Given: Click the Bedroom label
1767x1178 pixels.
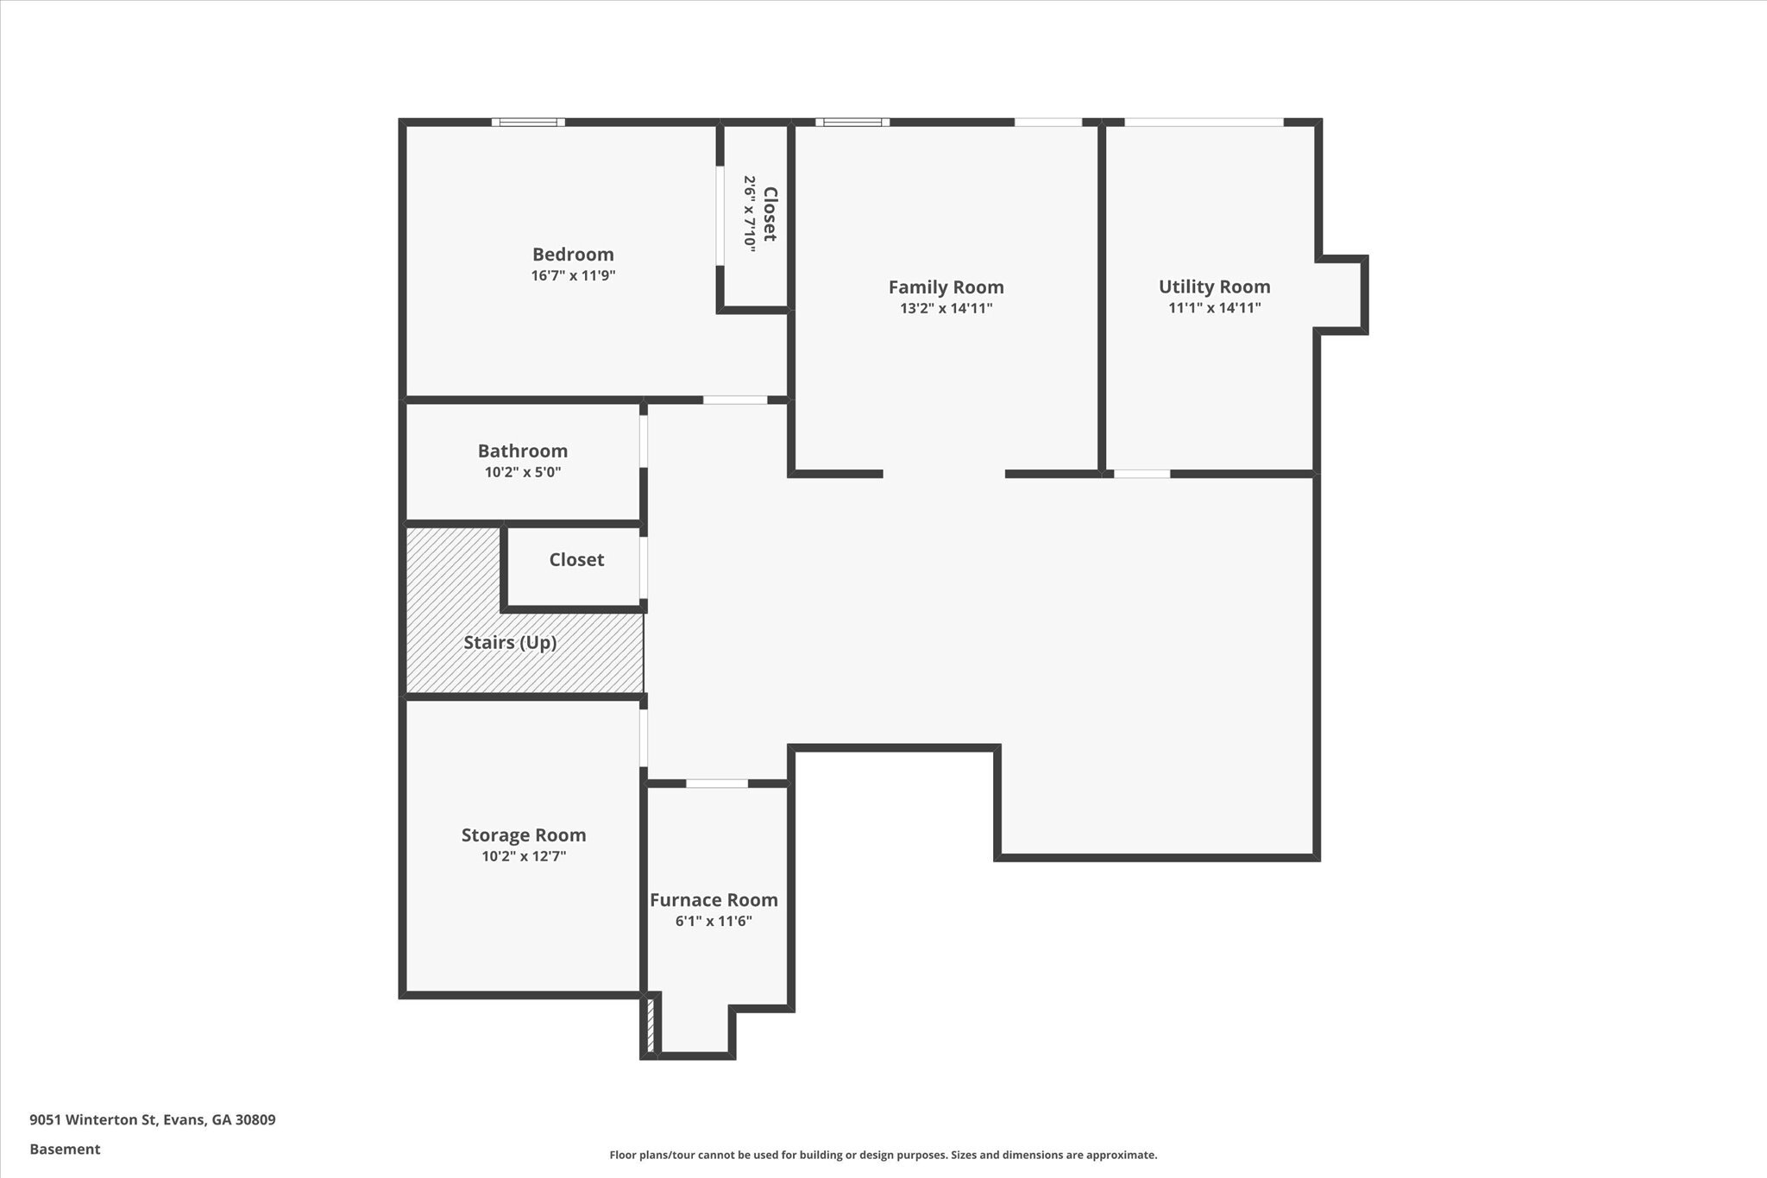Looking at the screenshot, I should pos(573,255).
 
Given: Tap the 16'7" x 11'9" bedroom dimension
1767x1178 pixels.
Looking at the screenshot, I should pos(573,276).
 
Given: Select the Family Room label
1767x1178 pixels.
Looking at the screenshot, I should pos(946,287).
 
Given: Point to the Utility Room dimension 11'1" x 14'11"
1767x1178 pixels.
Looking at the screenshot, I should pos(1214,308).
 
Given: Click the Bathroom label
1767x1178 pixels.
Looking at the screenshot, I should pos(523,451).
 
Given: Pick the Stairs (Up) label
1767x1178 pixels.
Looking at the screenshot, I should pos(510,643).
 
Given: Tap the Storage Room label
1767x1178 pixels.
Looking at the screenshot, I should pos(524,835).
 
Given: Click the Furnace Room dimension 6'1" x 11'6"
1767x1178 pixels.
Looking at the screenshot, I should pos(714,922).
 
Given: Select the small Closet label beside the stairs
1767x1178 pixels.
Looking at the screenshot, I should pos(576,560).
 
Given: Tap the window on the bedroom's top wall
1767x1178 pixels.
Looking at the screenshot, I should pos(528,123).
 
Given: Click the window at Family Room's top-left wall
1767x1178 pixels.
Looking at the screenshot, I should pos(852,123).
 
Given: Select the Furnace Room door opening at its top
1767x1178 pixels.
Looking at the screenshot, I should pos(716,784).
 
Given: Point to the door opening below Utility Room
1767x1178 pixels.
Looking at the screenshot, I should pos(1141,474).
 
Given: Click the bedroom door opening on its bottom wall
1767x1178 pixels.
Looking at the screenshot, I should pos(734,400).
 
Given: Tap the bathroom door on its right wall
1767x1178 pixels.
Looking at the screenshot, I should pos(644,442).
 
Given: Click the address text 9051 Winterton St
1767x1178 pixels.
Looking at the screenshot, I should pos(153,1120).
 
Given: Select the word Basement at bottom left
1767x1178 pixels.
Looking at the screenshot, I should pos(65,1150).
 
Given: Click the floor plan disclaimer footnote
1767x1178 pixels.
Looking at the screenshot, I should pos(883,1155).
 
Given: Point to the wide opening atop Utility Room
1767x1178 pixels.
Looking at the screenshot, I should pos(1204,123).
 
